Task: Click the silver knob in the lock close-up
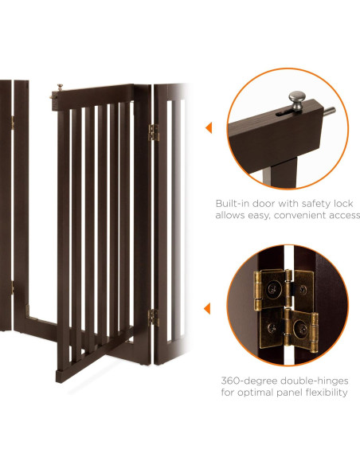tap(297, 100)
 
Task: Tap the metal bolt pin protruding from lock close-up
tap(329, 111)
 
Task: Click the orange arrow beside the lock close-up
tap(209, 128)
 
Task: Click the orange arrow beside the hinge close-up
tap(207, 308)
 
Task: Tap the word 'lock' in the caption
tap(344, 204)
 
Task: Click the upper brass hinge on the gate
tap(153, 132)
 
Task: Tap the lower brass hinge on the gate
tap(153, 318)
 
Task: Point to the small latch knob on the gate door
tap(60, 88)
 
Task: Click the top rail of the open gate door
tap(93, 96)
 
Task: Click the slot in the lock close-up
tap(284, 113)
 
